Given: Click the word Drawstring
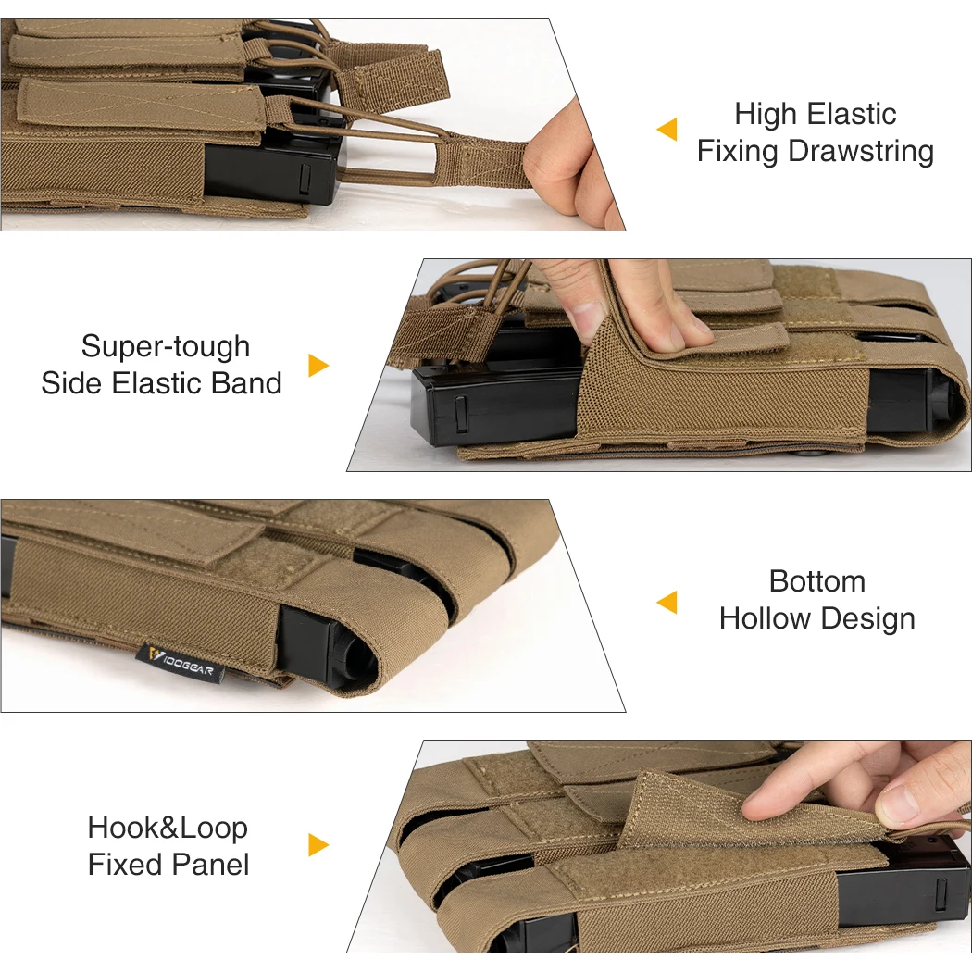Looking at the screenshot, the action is [x=860, y=152].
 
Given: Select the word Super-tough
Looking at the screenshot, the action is [x=166, y=346].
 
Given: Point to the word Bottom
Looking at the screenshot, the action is [x=817, y=581].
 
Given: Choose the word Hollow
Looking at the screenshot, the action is [x=765, y=618].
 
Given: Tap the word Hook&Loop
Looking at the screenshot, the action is [x=168, y=829].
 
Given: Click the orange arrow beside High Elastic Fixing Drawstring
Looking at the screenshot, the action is [x=667, y=130].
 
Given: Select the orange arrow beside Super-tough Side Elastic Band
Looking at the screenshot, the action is [x=318, y=366].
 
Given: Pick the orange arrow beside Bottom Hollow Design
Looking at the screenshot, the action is [x=667, y=603].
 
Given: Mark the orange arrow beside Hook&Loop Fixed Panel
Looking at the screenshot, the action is [x=318, y=845].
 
